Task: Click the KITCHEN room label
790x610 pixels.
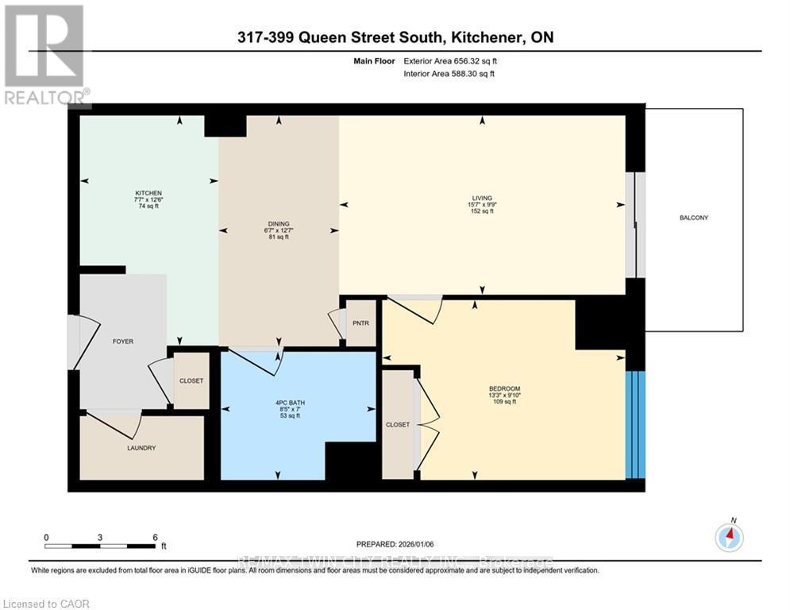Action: pos(148,193)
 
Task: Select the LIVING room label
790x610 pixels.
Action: pos(482,198)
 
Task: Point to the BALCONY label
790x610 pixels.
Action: pos(694,218)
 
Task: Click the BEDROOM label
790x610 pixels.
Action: pos(504,388)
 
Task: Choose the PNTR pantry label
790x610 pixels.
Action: pos(362,322)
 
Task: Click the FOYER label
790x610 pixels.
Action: pos(122,342)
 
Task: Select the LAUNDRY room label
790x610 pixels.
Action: pos(141,448)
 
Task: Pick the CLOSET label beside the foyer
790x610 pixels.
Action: pos(191,380)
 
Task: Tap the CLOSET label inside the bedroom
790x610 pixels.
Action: pos(398,425)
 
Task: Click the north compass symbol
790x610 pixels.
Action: pos(728,538)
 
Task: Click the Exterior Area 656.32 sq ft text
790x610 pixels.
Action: pos(451,60)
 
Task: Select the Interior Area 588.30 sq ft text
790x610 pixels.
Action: pos(450,74)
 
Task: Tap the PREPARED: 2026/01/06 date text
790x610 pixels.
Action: pos(399,544)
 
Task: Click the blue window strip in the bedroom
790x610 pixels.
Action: pos(635,424)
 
